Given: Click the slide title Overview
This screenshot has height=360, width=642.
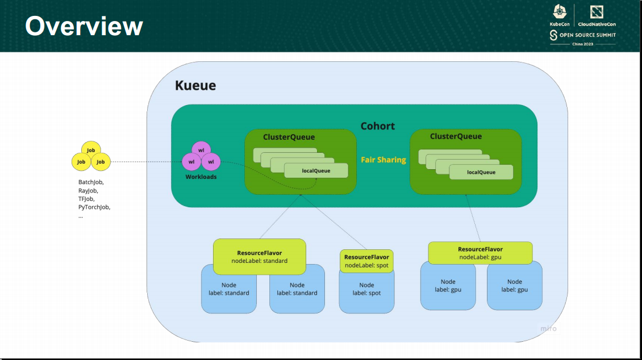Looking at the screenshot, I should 84,26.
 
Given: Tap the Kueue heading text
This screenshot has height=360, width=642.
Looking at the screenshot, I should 195,86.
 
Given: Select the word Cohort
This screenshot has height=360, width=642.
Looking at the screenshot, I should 377,125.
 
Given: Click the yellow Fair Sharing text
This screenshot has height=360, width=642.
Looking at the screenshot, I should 383,160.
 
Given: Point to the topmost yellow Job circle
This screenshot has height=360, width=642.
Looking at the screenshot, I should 90,150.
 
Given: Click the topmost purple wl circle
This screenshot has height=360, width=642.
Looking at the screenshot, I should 201,150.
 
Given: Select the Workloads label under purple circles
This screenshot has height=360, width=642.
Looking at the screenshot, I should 201,177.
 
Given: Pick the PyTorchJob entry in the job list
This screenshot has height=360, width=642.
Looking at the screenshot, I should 94,207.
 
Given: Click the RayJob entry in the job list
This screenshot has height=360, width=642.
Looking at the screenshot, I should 88,191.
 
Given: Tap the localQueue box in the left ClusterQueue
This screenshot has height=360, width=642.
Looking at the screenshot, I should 316,170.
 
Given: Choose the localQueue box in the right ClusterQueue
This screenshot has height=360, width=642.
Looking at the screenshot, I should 481,172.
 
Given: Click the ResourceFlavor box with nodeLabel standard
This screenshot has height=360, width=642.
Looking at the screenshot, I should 259,257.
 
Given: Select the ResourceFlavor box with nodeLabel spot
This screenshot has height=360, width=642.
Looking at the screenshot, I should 366,261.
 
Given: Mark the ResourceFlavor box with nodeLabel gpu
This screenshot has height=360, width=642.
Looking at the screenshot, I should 480,253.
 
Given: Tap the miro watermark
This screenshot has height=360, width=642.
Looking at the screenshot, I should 548,329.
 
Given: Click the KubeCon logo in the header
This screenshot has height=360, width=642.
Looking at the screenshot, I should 559,16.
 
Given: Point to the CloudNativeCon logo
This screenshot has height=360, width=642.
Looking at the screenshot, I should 597,16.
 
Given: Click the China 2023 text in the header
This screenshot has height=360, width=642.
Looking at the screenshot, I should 582,44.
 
